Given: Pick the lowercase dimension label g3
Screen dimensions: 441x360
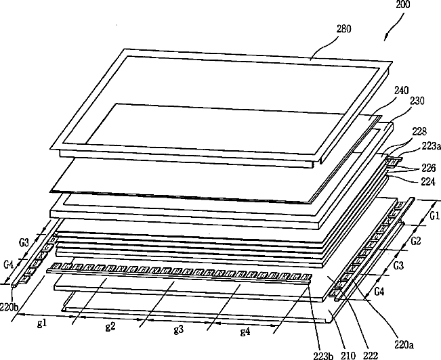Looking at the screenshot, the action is coord(179,330).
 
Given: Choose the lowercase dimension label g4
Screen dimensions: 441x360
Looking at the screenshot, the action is coord(245,332).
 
